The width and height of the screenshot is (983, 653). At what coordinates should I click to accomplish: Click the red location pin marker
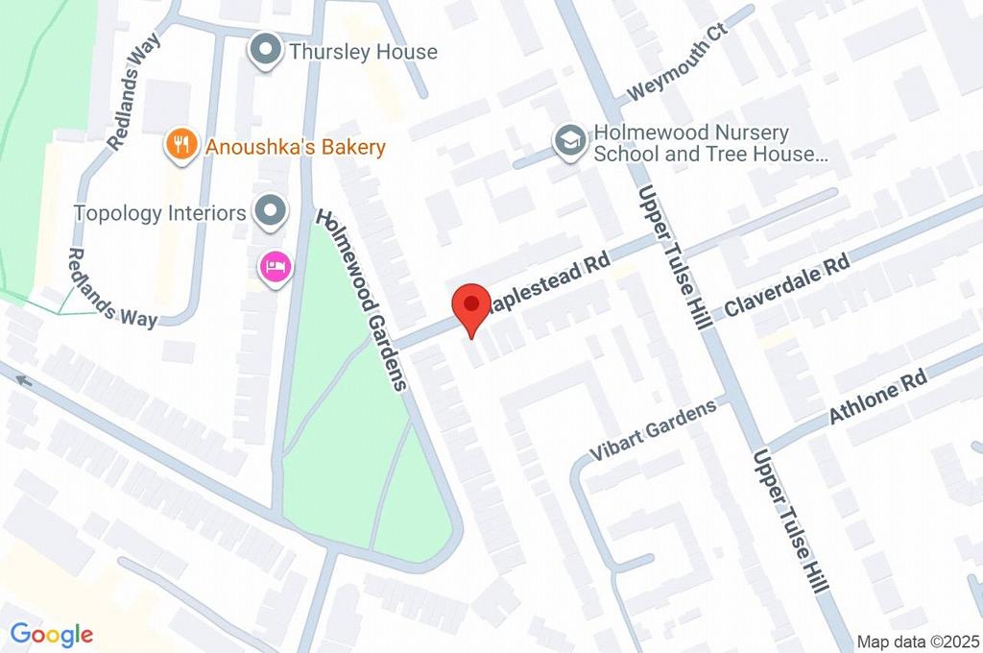(471, 305)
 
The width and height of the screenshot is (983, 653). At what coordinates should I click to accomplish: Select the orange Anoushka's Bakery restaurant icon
(178, 146)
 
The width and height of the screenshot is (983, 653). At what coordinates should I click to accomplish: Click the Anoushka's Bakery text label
(295, 147)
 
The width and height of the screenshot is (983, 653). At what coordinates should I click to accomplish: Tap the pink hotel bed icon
(274, 268)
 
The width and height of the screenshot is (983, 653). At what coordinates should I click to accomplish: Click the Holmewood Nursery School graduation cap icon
(570, 141)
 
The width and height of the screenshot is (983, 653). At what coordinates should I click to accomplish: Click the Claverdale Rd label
(787, 286)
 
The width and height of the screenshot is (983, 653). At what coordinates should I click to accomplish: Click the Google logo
(52, 634)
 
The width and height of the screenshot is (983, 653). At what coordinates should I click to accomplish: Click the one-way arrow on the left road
(23, 381)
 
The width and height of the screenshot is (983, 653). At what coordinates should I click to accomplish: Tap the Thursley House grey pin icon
(264, 51)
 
